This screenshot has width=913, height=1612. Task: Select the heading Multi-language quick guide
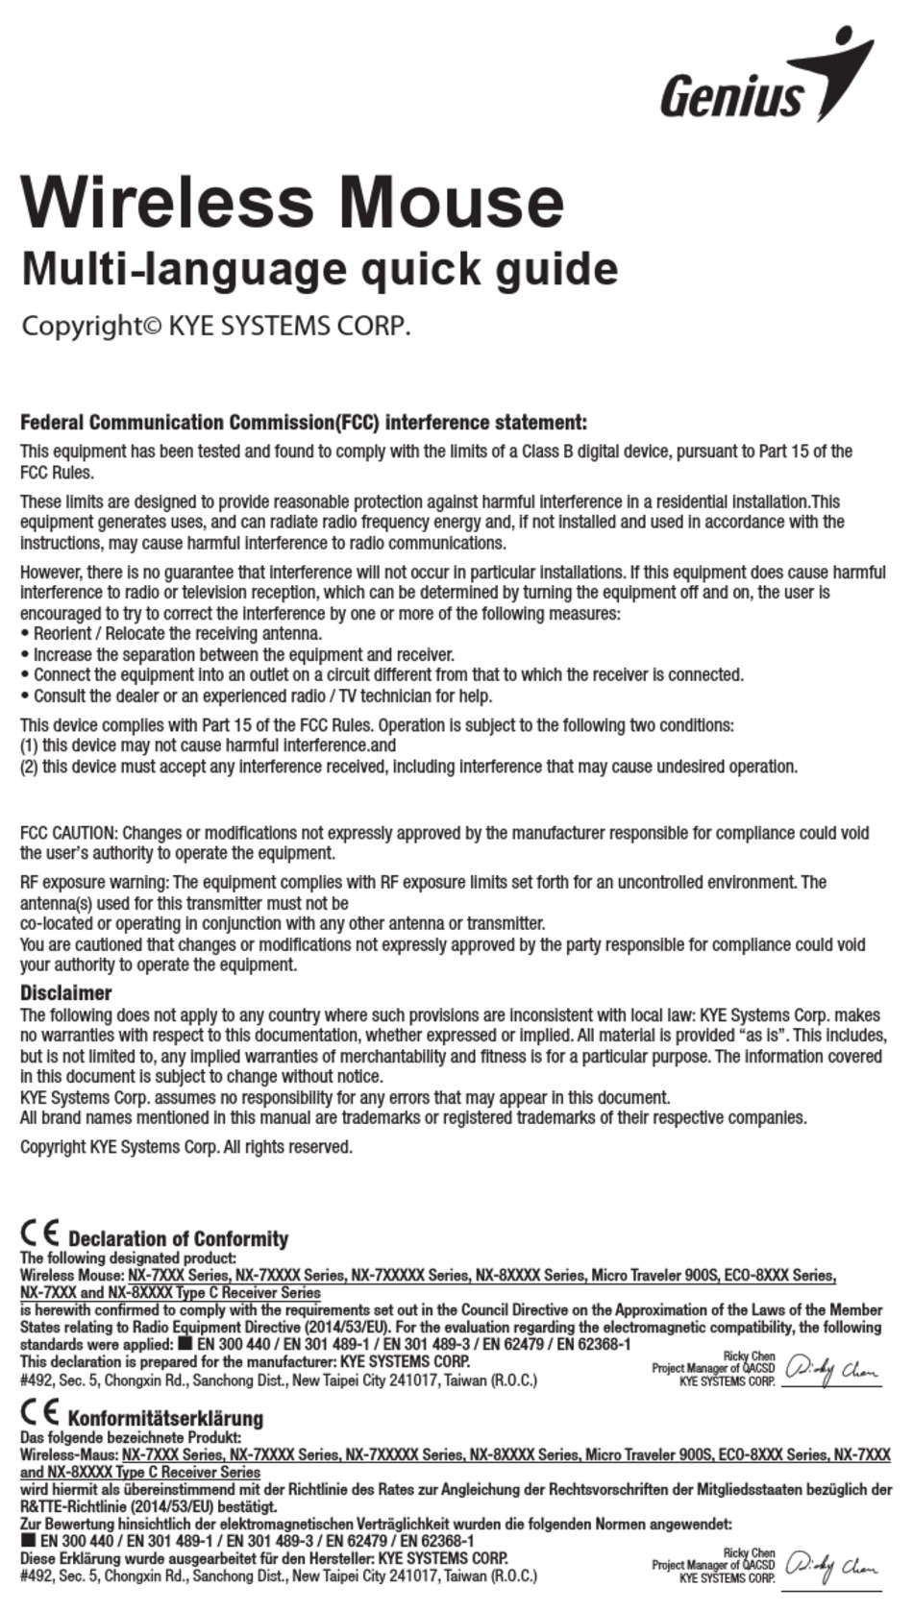click(x=319, y=269)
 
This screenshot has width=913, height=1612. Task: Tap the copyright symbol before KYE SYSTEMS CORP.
click(x=153, y=327)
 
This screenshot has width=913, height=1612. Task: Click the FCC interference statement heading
click(x=303, y=423)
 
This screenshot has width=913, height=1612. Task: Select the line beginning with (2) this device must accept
click(x=408, y=767)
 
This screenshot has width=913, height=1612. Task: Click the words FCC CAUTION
click(x=68, y=833)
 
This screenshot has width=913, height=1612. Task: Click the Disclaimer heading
click(x=65, y=993)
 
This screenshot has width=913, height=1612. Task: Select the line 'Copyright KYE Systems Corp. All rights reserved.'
click(x=186, y=1147)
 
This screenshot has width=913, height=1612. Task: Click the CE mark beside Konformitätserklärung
click(x=39, y=1413)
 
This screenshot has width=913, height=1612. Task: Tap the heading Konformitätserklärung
click(x=164, y=1419)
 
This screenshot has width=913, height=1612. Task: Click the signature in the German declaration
click(x=831, y=1567)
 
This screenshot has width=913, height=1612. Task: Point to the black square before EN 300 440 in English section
click(x=185, y=1345)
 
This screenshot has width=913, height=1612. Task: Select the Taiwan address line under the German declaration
click(x=279, y=1576)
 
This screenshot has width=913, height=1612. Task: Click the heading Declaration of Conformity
click(x=178, y=1239)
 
